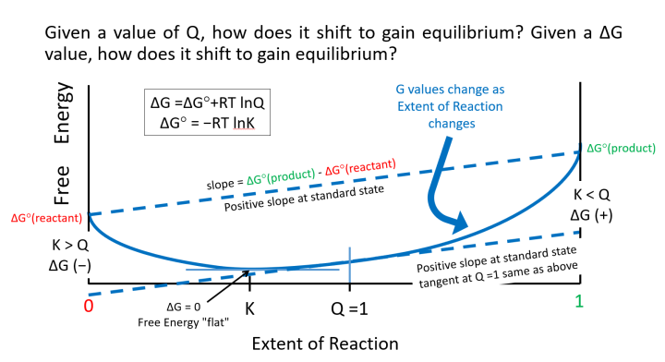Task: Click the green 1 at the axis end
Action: (578, 301)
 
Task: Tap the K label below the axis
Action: (251, 305)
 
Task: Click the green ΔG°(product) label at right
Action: (621, 150)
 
